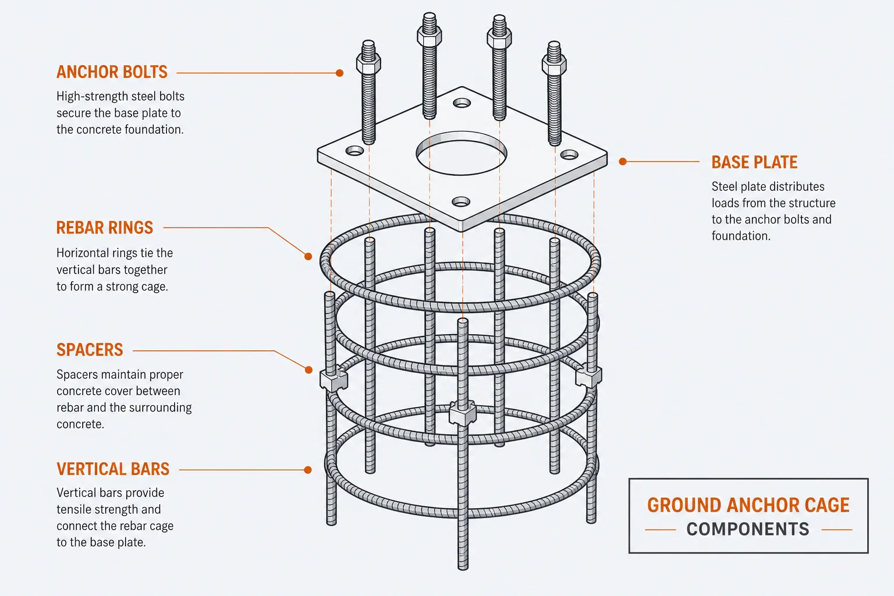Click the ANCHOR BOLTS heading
(112, 72)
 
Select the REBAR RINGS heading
(105, 228)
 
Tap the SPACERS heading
(90, 350)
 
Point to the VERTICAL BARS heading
(113, 469)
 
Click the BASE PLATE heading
(754, 162)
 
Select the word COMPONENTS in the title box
(748, 529)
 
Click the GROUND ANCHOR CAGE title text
(748, 505)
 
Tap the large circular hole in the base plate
(462, 153)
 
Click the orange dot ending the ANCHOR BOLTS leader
(340, 73)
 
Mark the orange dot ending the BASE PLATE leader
(623, 162)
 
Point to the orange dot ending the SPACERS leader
(308, 370)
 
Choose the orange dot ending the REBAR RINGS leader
(308, 257)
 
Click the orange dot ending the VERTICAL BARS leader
(308, 470)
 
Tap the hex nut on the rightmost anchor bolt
(554, 64)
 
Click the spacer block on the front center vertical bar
(463, 413)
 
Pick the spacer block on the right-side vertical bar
(588, 375)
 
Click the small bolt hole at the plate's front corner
(461, 201)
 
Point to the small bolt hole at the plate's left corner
(354, 151)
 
